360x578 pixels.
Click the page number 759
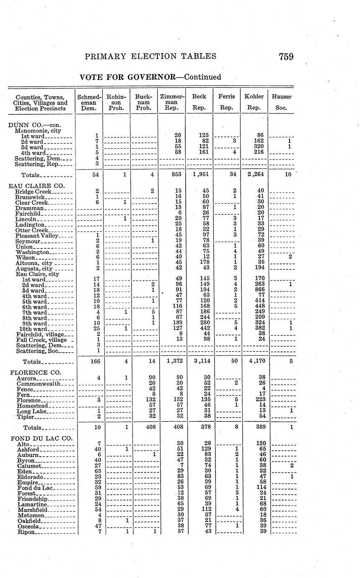coord(285,57)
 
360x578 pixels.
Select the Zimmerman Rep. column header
coord(171,102)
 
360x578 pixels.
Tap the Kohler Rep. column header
coord(254,102)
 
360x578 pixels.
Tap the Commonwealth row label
coord(39,384)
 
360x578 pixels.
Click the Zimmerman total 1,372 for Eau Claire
coord(171,361)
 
